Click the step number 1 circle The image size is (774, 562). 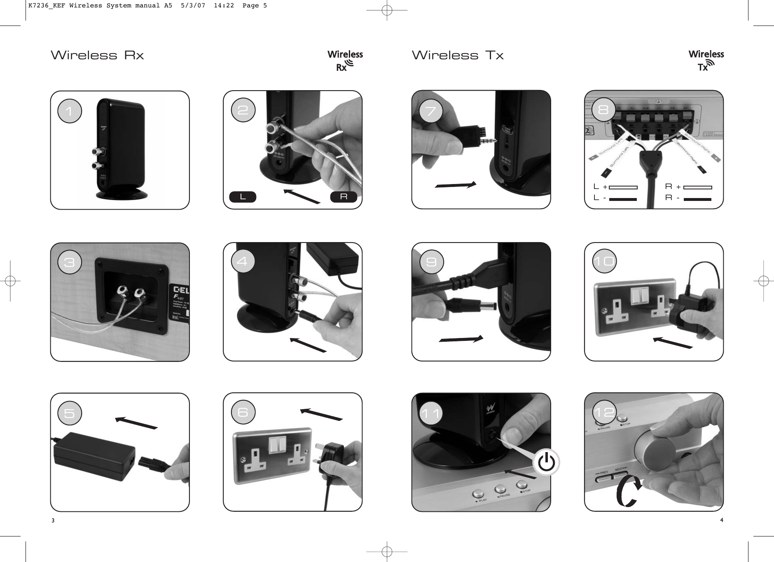coord(70,111)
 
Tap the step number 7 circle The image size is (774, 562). coord(431,111)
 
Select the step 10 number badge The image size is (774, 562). coord(604,261)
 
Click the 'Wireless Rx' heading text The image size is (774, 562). coord(97,56)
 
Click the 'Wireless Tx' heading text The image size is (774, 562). coord(458,56)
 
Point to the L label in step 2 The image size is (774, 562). coord(243,197)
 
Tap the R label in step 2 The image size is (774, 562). coord(344,197)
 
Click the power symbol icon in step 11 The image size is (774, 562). coord(547,463)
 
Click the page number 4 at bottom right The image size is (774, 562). coord(721,520)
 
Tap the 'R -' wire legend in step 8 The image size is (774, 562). coord(688,199)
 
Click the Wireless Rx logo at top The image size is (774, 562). coord(345,61)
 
